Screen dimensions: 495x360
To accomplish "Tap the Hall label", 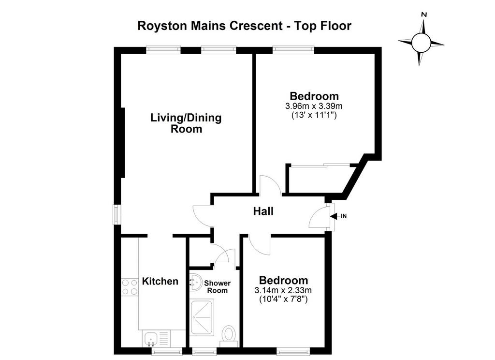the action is (263, 211).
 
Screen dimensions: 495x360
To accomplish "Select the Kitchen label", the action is (160, 281).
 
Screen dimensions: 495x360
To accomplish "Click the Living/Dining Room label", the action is (186, 123).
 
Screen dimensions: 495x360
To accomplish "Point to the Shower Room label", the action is (217, 286).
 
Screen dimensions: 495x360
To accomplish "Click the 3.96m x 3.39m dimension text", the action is (313, 106).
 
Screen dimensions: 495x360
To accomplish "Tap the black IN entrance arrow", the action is (333, 216).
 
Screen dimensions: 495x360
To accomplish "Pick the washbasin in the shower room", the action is (195, 282).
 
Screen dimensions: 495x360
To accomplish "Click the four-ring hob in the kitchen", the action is (130, 287).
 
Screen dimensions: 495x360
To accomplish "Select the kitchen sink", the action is (150, 339).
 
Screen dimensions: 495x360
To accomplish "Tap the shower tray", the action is (202, 317).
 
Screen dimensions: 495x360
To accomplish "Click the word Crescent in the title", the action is (256, 26).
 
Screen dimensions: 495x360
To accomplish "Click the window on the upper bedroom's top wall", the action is (293, 49).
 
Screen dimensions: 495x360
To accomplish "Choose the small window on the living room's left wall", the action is (117, 215).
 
